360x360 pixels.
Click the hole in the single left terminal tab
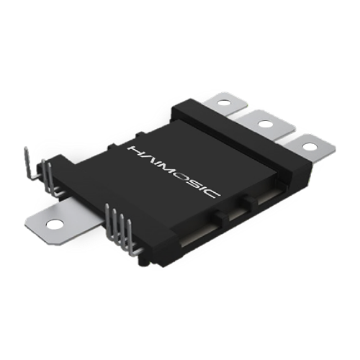pyautogui.click(x=55, y=225)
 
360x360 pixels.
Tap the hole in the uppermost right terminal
pyautogui.click(x=224, y=103)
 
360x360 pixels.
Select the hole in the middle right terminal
pyautogui.click(x=264, y=124)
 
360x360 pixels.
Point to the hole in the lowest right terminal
pyautogui.click(x=310, y=147)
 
